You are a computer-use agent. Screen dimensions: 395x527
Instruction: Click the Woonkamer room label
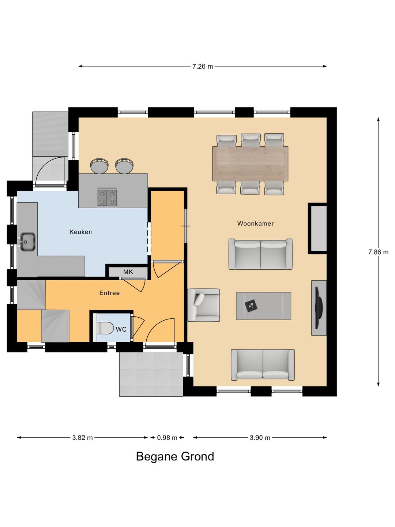tap(255, 224)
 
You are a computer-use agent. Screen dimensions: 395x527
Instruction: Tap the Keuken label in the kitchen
tap(80, 232)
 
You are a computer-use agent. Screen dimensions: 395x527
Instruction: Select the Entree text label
tap(109, 293)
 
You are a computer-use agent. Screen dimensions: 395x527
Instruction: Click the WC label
tap(121, 329)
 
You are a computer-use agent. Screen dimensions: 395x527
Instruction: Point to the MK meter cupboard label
tap(128, 272)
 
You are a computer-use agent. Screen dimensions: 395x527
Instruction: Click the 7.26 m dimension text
tap(203, 67)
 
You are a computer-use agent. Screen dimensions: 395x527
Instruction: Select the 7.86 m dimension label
tap(379, 252)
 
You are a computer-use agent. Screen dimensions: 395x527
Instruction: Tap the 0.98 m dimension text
tap(167, 438)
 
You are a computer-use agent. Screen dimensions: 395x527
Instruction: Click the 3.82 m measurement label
tap(83, 438)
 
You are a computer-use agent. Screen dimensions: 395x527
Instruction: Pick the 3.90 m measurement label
tap(260, 438)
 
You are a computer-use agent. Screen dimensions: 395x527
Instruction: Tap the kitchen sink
tap(27, 242)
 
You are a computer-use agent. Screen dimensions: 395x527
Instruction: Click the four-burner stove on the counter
tap(107, 197)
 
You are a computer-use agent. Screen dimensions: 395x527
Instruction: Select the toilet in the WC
tap(105, 328)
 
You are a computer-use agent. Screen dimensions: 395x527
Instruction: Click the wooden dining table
tap(250, 164)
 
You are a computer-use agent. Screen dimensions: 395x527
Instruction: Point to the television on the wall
tap(319, 308)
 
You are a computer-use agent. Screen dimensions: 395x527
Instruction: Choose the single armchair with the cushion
tap(203, 305)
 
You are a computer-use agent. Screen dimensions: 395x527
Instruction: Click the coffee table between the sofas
tap(264, 306)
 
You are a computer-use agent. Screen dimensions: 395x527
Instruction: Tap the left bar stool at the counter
tap(99, 166)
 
